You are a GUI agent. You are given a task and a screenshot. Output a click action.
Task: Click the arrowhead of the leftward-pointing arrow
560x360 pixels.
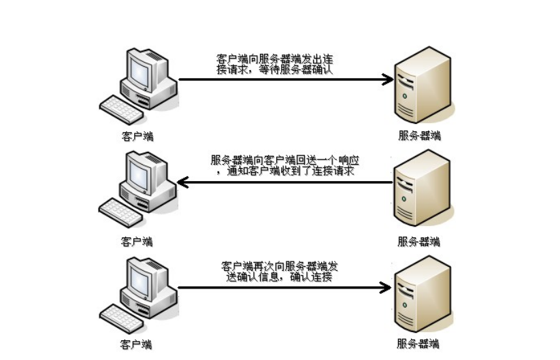(x=182, y=182)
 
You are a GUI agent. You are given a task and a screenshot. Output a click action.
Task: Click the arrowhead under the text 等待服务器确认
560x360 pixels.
(x=389, y=80)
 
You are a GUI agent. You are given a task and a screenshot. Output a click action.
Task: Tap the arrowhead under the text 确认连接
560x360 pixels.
(x=387, y=287)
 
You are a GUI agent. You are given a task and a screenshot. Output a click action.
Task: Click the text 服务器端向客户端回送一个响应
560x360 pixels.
(x=282, y=160)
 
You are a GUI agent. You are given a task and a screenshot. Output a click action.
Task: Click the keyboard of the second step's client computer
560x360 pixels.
(x=122, y=212)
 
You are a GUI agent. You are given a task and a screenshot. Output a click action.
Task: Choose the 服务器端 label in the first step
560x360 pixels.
(x=419, y=135)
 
